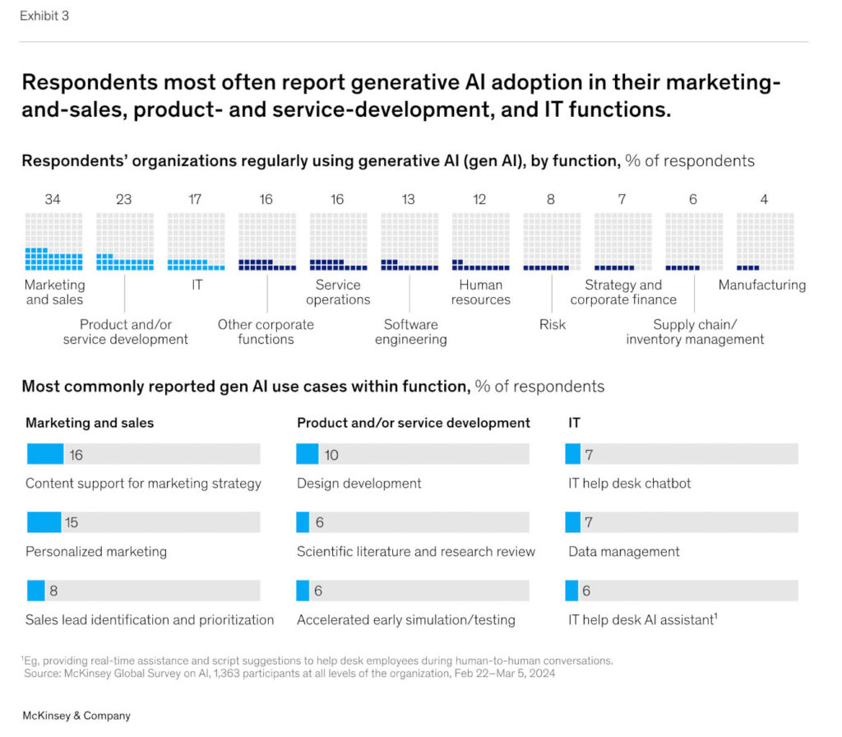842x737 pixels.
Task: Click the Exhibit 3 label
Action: coord(44,16)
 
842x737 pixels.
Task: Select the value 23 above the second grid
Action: coord(123,199)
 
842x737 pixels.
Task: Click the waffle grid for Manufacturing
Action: coord(765,242)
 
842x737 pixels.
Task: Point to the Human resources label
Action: coord(480,292)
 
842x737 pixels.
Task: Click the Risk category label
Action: coord(552,324)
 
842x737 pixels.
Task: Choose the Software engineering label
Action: coord(410,331)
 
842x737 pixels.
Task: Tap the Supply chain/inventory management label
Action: coord(695,331)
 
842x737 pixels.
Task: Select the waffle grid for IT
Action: coord(196,242)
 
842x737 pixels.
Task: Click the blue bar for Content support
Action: coord(44,454)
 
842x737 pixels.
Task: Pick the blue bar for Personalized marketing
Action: coord(44,522)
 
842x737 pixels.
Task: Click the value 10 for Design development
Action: coord(331,455)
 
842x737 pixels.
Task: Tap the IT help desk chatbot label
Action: coord(629,483)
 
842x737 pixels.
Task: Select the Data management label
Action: coord(623,551)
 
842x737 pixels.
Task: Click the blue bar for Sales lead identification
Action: coord(35,591)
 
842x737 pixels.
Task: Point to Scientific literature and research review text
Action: coord(415,551)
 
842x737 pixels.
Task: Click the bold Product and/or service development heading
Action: coord(413,423)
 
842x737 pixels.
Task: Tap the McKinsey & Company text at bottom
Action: coord(76,716)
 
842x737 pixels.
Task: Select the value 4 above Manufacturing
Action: coord(764,199)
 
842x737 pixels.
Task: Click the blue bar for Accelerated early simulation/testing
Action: coord(303,591)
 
